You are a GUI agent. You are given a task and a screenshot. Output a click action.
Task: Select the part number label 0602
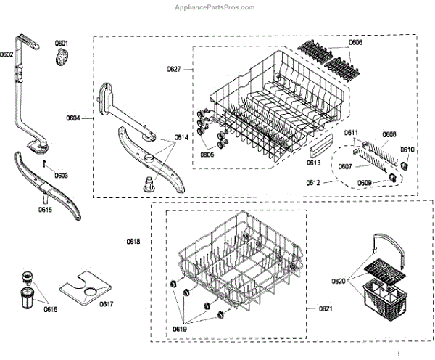click(7, 54)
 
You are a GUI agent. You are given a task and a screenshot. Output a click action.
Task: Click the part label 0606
click(355, 44)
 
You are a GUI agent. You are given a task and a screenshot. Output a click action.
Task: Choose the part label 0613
click(314, 163)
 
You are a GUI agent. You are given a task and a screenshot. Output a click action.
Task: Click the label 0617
click(107, 303)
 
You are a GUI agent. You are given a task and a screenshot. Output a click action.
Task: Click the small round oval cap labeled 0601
click(64, 56)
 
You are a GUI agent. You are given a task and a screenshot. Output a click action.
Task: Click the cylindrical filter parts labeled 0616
click(29, 290)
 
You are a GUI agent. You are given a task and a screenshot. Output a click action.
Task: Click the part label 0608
click(389, 134)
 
